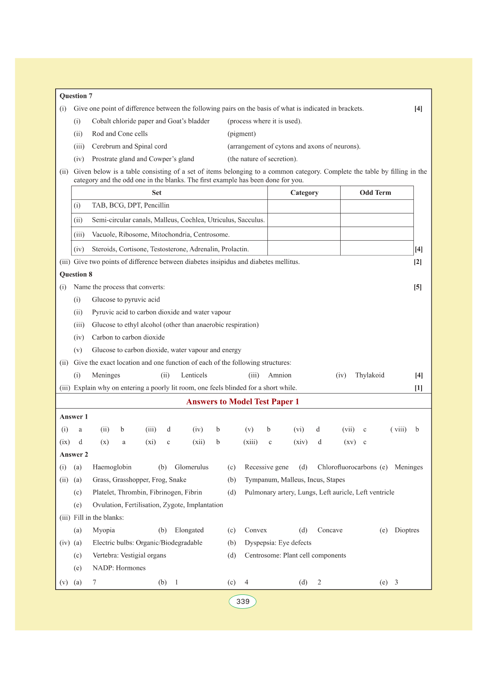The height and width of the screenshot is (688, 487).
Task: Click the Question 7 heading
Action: [x=76, y=96]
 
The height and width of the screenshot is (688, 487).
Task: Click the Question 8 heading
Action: [x=76, y=275]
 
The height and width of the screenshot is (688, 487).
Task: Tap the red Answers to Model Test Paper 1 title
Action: [x=242, y=402]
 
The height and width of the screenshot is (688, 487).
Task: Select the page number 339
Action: [x=242, y=601]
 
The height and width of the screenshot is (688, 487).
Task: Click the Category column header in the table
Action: [x=304, y=193]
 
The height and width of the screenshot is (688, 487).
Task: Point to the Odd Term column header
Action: [x=375, y=193]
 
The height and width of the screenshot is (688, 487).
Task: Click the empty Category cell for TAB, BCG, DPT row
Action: [x=304, y=206]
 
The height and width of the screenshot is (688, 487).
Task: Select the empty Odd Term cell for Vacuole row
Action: [x=377, y=234]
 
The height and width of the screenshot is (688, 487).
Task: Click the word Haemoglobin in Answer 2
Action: [x=112, y=467]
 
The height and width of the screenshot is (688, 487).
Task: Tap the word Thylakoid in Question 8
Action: [x=370, y=375]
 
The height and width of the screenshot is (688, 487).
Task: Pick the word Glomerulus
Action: [x=191, y=467]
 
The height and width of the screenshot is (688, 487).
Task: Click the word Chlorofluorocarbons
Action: [x=347, y=467]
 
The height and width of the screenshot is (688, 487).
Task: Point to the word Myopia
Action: [x=104, y=530]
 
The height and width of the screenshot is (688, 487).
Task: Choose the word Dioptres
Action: [x=407, y=530]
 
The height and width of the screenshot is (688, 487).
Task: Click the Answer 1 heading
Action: [x=74, y=417]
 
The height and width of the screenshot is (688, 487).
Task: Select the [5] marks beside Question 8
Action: [x=417, y=287]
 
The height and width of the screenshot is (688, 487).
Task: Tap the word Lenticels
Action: [x=194, y=375]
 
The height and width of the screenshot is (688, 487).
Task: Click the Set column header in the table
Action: [x=157, y=193]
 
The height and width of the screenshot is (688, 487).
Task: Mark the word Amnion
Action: [x=280, y=375]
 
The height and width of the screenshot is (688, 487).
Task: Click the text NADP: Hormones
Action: [x=119, y=568]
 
